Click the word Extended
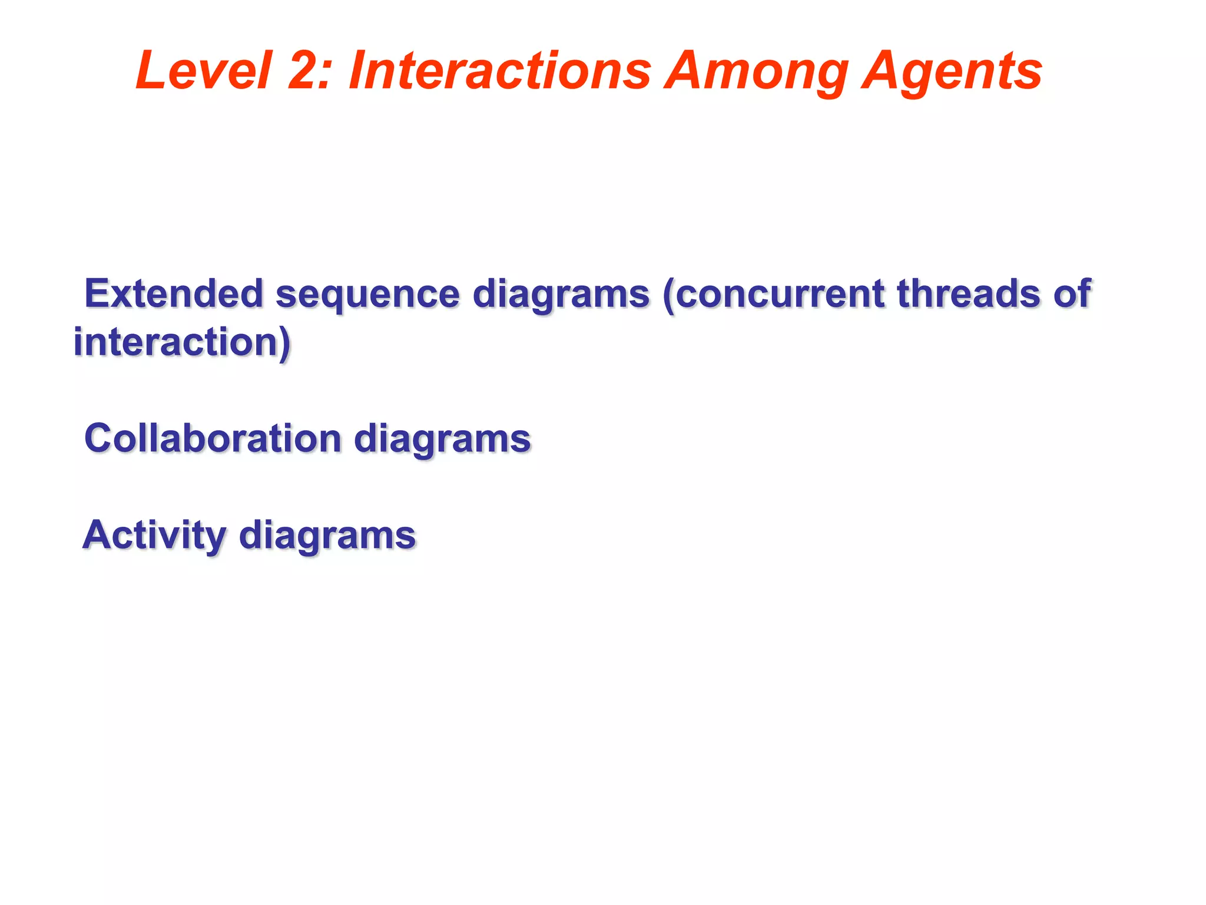tap(173, 293)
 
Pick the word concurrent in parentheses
tap(780, 293)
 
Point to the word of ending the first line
tap(1072, 293)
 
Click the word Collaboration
tap(213, 438)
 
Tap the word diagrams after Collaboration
tap(442, 440)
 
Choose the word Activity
tap(154, 535)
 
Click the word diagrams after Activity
tap(327, 536)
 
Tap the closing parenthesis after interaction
tap(286, 343)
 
